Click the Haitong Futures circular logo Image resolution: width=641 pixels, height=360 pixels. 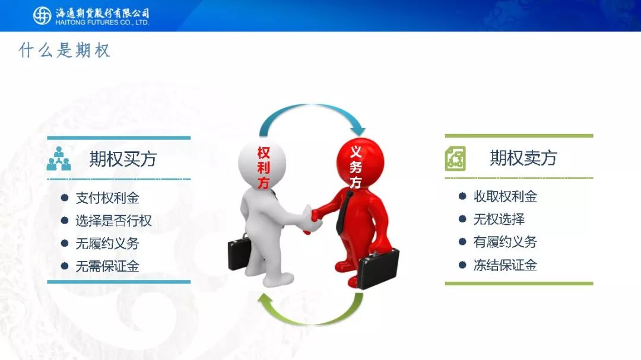point(42,15)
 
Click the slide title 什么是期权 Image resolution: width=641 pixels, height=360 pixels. point(65,50)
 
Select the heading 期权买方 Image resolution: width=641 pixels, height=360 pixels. point(123,158)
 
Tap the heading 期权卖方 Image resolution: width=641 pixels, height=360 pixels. point(523,158)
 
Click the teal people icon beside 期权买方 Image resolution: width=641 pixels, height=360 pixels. point(58,158)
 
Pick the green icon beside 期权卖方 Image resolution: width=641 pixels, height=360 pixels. point(455,158)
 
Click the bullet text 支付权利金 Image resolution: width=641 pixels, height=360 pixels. point(107,198)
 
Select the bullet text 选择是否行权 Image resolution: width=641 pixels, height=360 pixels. point(113,221)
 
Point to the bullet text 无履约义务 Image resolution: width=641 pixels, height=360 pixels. point(107,244)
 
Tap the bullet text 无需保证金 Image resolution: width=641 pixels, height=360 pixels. point(107,266)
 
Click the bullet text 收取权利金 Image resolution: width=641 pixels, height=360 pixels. point(505,196)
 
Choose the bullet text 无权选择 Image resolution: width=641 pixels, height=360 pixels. point(499,219)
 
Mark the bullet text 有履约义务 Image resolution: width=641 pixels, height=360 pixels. point(505,242)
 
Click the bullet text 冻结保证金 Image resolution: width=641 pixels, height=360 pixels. point(505,265)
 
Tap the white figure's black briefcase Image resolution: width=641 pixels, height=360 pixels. point(240,251)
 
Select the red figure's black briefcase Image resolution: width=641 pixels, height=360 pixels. point(379,267)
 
